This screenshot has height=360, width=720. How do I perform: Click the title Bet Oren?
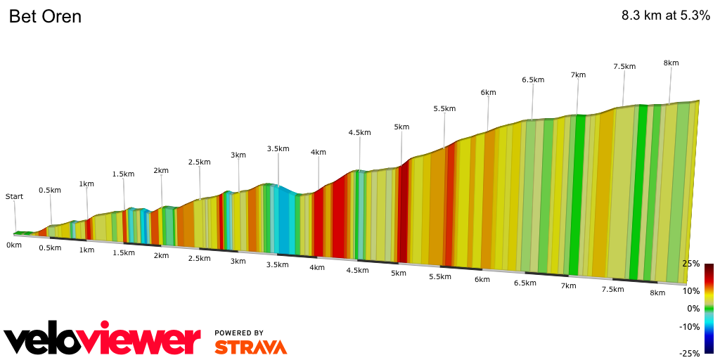[x=45, y=16]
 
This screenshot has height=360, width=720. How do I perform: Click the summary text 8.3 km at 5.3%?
[x=665, y=16]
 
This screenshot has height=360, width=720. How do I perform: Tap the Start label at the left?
[x=14, y=197]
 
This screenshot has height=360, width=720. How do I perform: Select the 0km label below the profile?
[x=14, y=245]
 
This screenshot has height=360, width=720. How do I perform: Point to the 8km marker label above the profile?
[x=671, y=63]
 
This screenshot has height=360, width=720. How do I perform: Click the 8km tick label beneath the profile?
[x=657, y=293]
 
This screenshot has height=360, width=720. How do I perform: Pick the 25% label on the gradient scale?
[x=691, y=264]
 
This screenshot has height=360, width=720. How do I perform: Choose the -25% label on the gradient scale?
[x=690, y=353]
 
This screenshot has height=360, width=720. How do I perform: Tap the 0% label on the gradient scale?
[x=693, y=309]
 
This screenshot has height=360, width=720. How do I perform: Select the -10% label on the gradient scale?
[x=690, y=326]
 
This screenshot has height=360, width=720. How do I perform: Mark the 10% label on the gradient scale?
[x=691, y=291]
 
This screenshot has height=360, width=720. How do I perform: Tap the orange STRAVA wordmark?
[x=250, y=347]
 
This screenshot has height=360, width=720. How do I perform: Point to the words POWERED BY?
[x=239, y=333]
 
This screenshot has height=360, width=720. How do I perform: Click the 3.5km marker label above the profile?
[x=278, y=148]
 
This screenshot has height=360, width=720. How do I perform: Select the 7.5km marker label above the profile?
[x=624, y=66]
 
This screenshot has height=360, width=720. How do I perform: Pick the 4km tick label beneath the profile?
[x=317, y=267]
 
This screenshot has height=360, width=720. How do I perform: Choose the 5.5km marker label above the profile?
[x=444, y=108]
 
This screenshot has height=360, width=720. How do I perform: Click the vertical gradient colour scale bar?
[x=709, y=309]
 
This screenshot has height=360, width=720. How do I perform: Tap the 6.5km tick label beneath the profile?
[x=525, y=283]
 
